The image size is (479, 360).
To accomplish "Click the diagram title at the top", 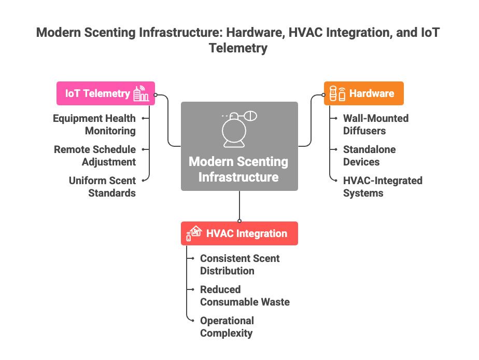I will point(238,40).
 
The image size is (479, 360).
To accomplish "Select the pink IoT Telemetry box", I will point(106,94).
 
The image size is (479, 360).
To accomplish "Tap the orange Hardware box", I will point(363,94).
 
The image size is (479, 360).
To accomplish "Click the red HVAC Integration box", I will point(239,233).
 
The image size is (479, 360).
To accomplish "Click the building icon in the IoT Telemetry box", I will point(140,94).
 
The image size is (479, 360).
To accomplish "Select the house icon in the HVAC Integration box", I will point(194,233).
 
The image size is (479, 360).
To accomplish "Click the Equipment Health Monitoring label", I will point(94,124).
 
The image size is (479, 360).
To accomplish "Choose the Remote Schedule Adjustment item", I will point(95,156).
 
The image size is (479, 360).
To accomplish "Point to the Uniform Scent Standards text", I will point(102,187).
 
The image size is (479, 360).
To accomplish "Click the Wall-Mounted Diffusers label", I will point(375,124).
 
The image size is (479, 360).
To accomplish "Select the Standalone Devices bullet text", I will point(369,156).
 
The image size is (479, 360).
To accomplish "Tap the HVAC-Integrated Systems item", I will point(383,187).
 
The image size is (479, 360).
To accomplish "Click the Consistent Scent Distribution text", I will point(239,265).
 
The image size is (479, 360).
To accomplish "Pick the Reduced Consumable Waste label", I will point(245,296).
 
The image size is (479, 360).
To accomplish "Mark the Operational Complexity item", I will point(227,327).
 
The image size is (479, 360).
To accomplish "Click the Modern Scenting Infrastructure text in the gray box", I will point(239,169).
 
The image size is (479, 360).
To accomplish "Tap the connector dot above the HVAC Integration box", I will point(239,221).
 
